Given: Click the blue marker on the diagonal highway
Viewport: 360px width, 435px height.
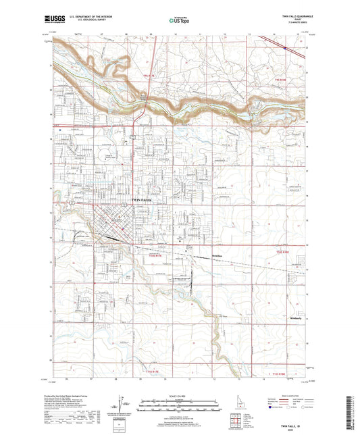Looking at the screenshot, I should (x=286, y=48).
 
